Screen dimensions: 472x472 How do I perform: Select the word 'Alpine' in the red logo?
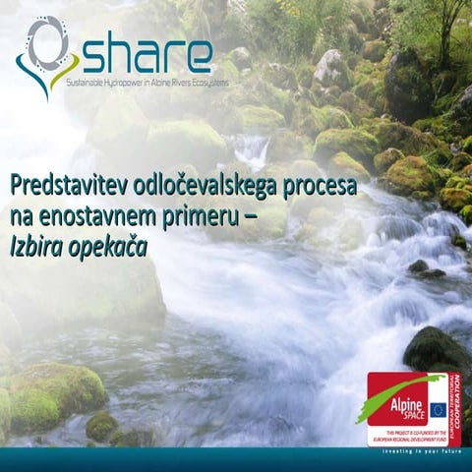click(391, 405)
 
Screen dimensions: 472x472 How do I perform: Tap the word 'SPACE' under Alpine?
click(394, 418)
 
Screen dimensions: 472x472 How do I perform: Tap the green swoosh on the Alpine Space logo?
click(403, 383)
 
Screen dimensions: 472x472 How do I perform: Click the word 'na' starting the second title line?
click(20, 217)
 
